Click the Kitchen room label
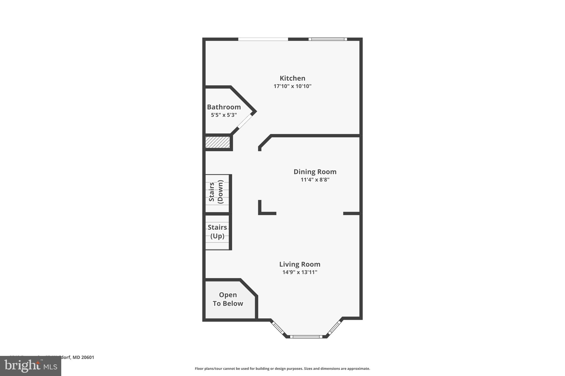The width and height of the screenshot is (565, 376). pos(292,78)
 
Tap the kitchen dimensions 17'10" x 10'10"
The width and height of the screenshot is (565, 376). pos(292,86)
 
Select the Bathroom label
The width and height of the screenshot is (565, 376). pos(224,107)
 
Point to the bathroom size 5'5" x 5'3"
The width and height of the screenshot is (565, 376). pos(224,115)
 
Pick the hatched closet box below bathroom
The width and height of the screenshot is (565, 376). pos(218,142)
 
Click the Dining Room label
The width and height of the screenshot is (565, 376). pos(315,172)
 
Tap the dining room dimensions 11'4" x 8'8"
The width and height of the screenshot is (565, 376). pos(315,180)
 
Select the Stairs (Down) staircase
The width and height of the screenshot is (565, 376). pos(217,193)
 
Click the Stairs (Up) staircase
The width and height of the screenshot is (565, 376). pos(217,232)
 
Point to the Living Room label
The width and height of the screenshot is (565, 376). pos(300,264)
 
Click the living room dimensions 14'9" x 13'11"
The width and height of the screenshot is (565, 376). pos(300,272)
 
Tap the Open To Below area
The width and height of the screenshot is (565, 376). pos(228,299)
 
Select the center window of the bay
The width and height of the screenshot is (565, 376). pos(306,337)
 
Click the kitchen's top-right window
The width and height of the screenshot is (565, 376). pos(327,39)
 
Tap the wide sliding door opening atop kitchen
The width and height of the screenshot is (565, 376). pos(263,39)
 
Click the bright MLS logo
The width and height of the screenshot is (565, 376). pos(30,366)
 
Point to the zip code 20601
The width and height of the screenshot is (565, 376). pos(88,358)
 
